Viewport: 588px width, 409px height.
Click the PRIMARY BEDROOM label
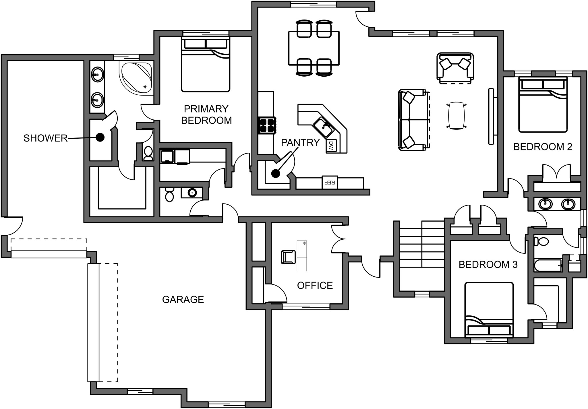[x=206, y=115]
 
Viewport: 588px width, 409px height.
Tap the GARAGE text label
[x=183, y=300]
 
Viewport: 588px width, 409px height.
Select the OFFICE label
[x=315, y=285]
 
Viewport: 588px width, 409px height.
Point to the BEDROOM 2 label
[x=543, y=147]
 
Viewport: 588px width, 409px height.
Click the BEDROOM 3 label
[x=488, y=264]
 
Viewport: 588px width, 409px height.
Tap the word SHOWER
[x=45, y=138]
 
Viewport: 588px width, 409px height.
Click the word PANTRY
[x=300, y=143]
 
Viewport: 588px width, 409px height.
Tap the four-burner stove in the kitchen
[x=266, y=125]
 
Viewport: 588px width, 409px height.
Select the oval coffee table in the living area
[x=456, y=115]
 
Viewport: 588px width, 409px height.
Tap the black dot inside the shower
[x=100, y=138]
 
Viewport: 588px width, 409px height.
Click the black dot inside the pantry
[x=276, y=173]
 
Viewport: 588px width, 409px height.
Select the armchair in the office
[x=288, y=257]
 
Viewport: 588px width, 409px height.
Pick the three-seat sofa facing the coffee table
[x=413, y=120]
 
